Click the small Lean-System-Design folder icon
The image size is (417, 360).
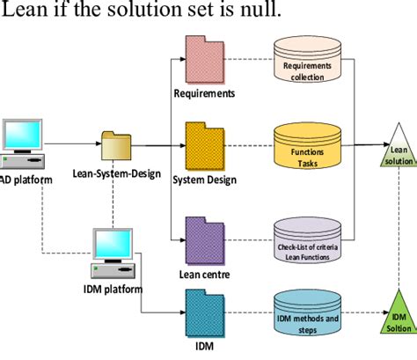coord(115,143)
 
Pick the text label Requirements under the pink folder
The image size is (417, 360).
coord(203,92)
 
